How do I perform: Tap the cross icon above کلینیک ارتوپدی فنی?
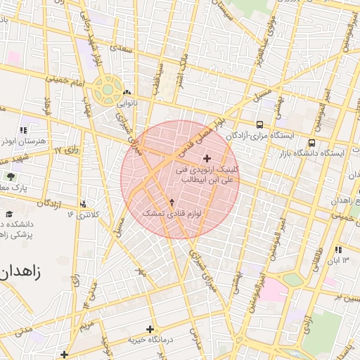(206, 158)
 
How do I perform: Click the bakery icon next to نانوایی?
(127, 93)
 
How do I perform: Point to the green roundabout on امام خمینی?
(107, 90)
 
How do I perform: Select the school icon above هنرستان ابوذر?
(23, 130)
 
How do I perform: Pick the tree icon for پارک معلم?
(10, 176)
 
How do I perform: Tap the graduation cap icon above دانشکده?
(9, 213)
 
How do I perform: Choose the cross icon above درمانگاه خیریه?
(149, 329)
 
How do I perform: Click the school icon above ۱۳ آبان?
(339, 250)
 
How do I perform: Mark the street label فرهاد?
(49, 106)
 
